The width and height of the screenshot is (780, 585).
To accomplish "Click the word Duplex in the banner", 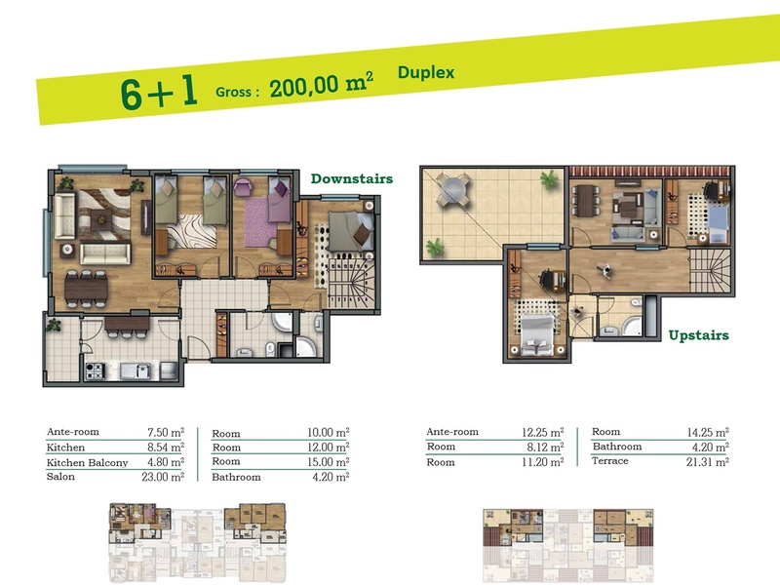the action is (426, 72).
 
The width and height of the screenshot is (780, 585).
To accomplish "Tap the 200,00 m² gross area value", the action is (322, 84).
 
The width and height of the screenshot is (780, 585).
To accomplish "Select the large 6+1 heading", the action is (159, 92).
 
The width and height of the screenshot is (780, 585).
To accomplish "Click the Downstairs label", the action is (352, 178).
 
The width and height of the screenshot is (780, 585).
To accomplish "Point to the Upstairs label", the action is (698, 334).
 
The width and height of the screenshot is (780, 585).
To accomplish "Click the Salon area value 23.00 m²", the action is (163, 477).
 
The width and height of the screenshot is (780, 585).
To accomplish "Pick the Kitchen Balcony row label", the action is (87, 462).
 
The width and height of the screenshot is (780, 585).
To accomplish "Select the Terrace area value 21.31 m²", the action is (708, 462).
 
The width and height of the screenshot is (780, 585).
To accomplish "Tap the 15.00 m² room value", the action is (328, 462).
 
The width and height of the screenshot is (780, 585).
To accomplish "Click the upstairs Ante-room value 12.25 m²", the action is (543, 432).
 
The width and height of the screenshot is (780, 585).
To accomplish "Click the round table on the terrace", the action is (453, 190).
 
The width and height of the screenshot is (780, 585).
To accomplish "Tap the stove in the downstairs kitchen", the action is (95, 370).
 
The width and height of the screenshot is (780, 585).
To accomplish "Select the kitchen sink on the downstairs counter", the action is (136, 370).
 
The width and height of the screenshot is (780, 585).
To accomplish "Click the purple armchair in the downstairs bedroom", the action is (243, 187).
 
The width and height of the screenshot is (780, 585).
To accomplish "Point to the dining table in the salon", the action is (86, 290).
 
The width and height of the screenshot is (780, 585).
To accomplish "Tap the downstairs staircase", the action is (350, 284).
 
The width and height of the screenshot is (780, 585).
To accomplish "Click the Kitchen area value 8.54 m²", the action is (165, 448).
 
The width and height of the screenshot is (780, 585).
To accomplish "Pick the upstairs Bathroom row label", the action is (617, 447).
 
